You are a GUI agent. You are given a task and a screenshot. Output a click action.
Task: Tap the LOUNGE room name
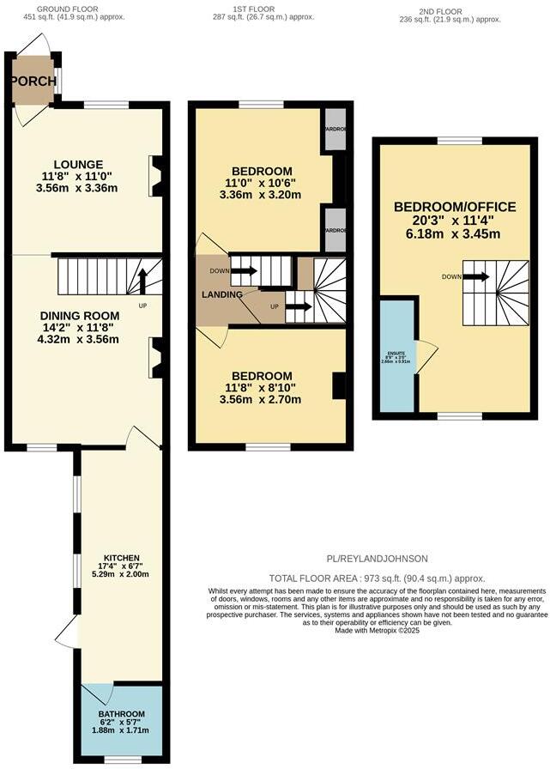tap(78, 165)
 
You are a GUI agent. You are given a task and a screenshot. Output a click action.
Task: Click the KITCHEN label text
tap(122, 557)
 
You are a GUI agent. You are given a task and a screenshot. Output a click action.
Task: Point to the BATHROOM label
tap(122, 714)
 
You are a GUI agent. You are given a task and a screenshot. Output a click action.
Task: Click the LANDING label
tap(221, 295)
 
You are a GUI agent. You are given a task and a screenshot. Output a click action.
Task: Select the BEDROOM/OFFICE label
tap(455, 207)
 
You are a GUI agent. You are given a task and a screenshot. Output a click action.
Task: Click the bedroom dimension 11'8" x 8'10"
tap(268, 388)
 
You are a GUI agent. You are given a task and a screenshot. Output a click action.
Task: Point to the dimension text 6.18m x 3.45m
tap(455, 233)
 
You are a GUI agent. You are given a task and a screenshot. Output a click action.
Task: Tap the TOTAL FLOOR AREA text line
tap(377, 578)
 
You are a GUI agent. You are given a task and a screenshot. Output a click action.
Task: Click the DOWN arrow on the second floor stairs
tap(476, 276)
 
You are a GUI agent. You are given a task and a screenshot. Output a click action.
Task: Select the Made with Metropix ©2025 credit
tap(376, 631)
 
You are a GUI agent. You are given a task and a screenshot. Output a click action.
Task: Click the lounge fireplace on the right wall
tap(155, 175)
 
